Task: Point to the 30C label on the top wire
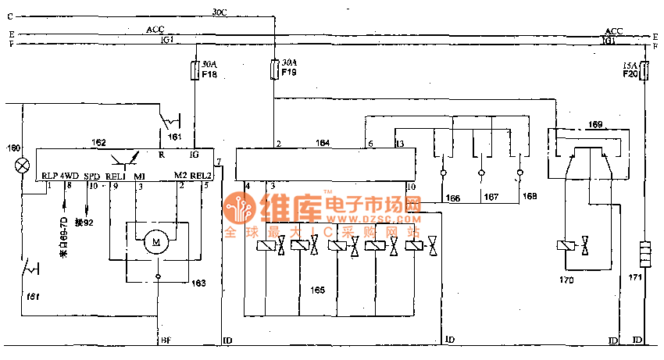[x=220, y=12]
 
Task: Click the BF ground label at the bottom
[x=166, y=341]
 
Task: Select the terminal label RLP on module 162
[x=50, y=175]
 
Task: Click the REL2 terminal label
[x=202, y=175]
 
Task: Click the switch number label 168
[x=530, y=197]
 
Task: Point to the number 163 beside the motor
[x=200, y=283]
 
